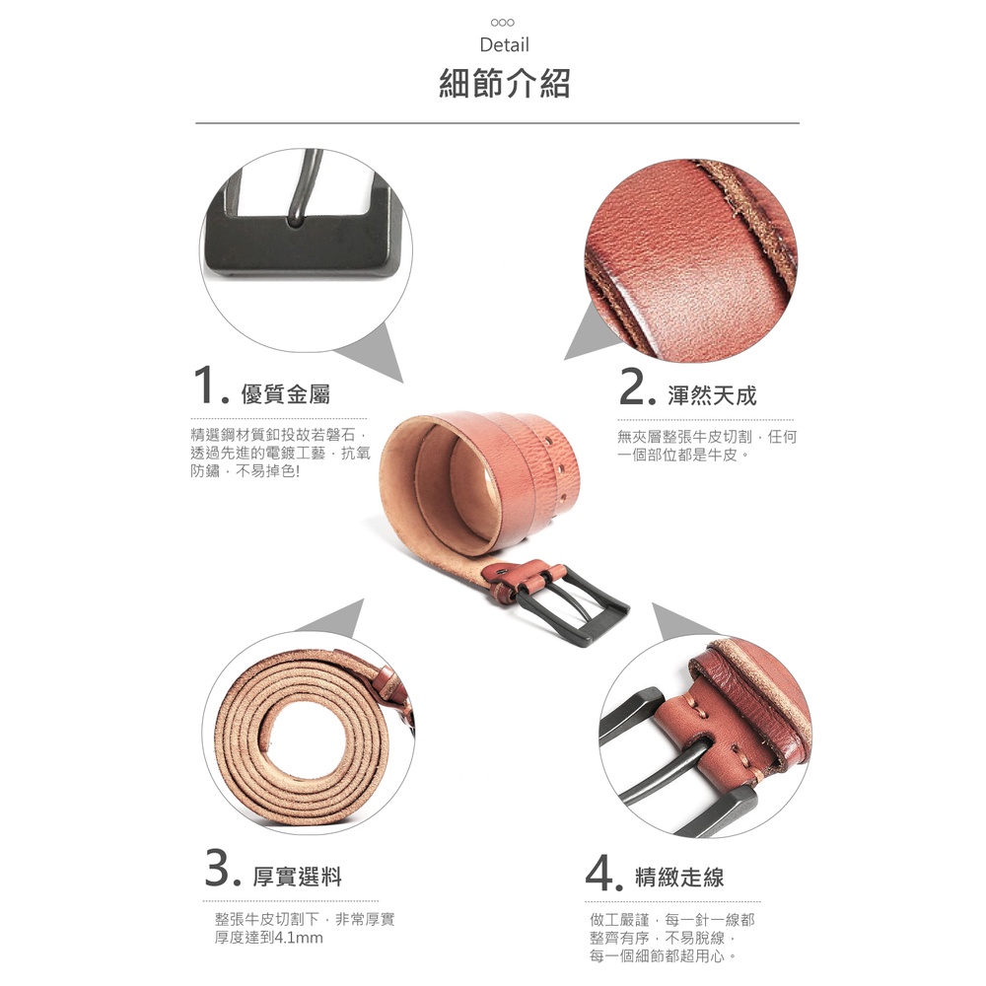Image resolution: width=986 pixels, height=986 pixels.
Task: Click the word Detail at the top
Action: tap(504, 45)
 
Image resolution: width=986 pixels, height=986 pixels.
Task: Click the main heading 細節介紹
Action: tap(504, 83)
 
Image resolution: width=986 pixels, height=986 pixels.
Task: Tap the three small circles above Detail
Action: tap(503, 23)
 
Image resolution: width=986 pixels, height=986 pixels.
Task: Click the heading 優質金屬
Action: tap(286, 394)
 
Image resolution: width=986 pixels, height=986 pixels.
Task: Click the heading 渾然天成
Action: tap(712, 395)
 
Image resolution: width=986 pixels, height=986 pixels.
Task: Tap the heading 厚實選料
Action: tap(298, 877)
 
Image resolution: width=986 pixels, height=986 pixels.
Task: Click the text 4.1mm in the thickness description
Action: tap(300, 938)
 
